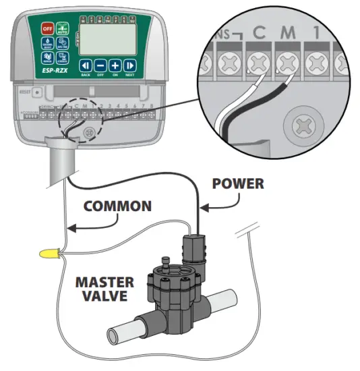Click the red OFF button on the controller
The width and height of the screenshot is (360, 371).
47,28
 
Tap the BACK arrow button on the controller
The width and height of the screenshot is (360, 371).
86,65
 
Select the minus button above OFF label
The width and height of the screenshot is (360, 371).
100,65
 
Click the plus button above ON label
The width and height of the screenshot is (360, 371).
115,65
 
